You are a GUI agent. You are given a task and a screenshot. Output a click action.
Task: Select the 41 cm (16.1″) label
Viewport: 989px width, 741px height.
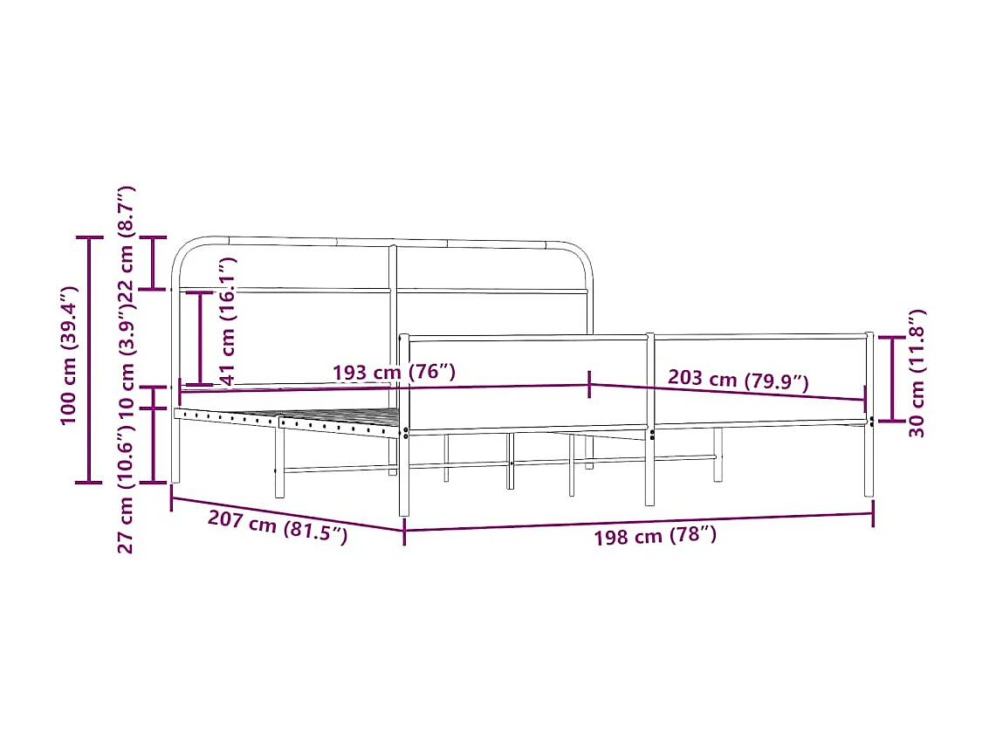[228, 319]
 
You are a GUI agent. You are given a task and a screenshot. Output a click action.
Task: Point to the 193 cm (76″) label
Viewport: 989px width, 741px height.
[394, 372]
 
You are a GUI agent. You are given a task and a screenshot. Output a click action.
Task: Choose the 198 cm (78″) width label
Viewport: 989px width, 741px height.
[655, 536]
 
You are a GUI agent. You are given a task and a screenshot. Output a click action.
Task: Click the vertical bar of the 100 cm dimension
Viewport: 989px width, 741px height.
[89, 359]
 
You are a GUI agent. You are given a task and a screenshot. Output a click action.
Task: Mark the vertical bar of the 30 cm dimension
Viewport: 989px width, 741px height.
[891, 379]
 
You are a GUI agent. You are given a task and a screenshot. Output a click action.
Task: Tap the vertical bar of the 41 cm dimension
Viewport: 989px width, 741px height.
[200, 338]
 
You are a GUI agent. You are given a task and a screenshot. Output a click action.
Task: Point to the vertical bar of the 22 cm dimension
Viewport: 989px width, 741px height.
[155, 262]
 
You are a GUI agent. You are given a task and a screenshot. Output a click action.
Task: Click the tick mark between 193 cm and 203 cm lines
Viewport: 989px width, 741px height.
[591, 385]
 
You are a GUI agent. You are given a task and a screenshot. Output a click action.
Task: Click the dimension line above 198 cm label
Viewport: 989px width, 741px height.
[638, 521]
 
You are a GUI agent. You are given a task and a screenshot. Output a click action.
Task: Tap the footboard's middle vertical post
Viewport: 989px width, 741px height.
[649, 419]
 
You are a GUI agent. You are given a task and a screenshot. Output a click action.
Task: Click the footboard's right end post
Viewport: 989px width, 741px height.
[869, 415]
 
